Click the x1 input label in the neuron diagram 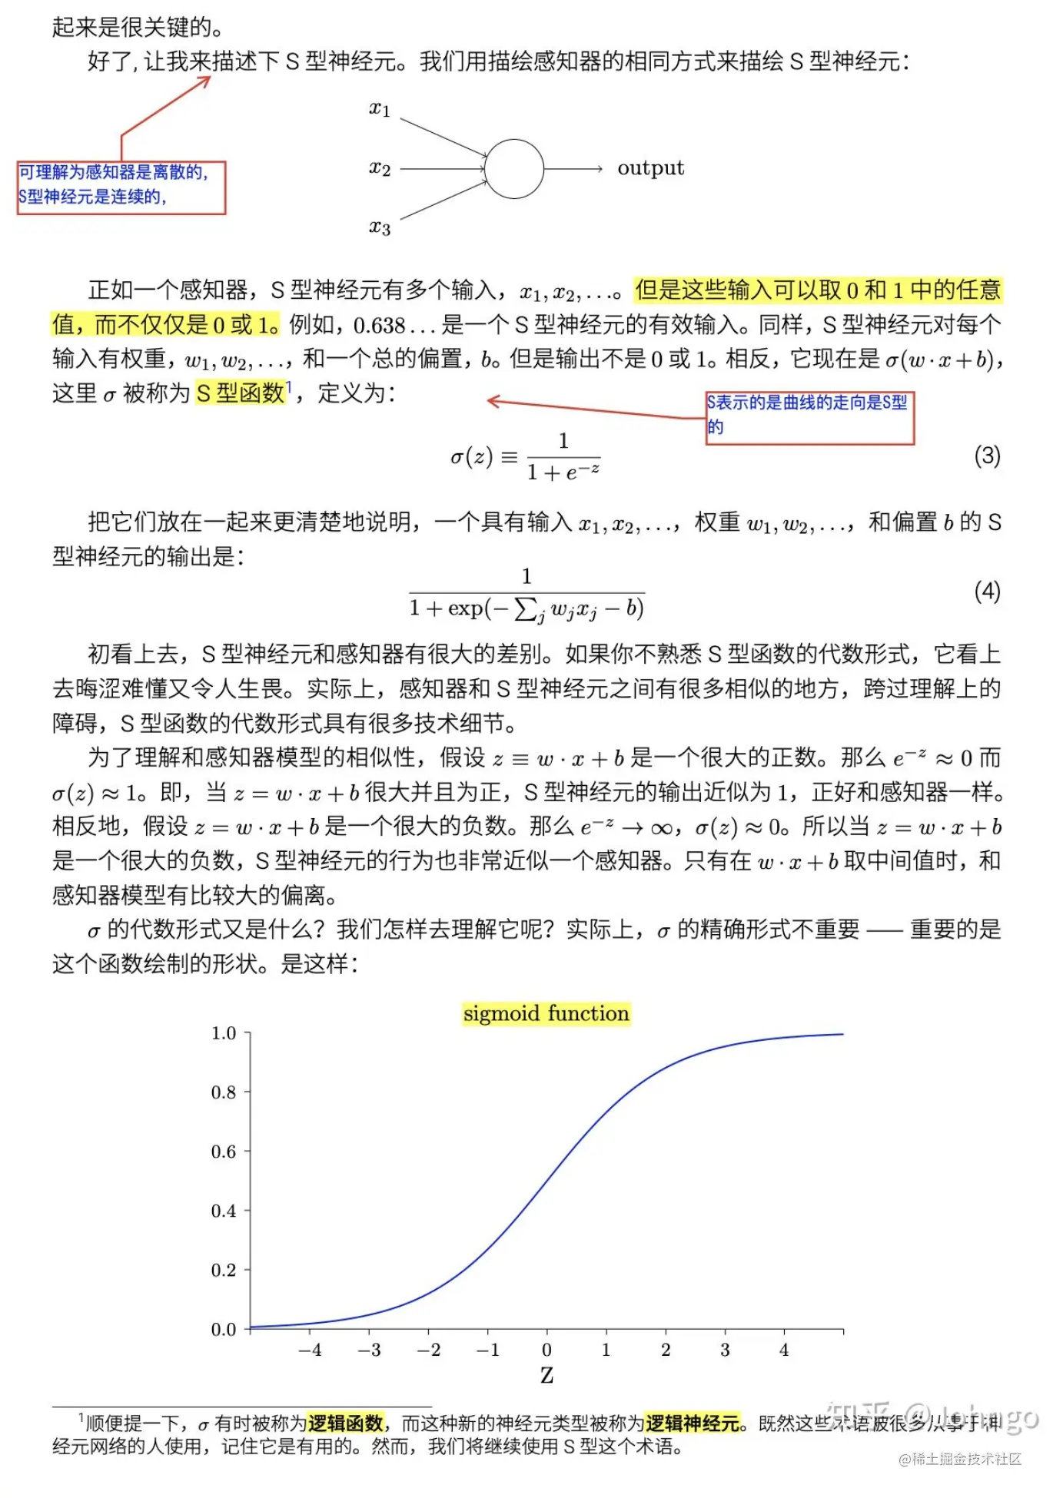coord(380,109)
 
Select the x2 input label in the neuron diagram coord(380,167)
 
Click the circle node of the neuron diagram coord(513,169)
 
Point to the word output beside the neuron coord(650,168)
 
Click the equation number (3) coord(987,456)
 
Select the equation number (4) coord(987,592)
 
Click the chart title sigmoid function coord(546,1014)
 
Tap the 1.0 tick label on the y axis coord(224,1033)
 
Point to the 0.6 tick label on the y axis coord(224,1152)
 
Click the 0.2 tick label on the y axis coord(224,1270)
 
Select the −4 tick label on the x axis coord(310,1350)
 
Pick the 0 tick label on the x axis coord(546,1350)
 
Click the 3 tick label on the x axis coord(725,1350)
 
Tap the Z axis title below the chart coord(546,1375)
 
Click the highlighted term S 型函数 coord(241,393)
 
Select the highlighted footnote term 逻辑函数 coord(345,1423)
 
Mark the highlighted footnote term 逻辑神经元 coord(693,1423)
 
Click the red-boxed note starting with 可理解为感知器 coord(121,187)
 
